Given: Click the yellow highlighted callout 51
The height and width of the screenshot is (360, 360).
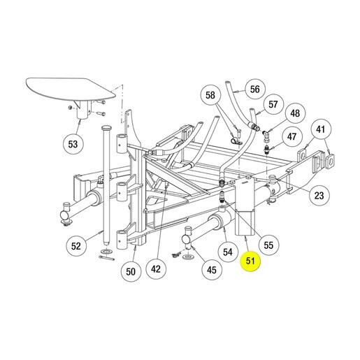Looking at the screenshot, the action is coord(250,261).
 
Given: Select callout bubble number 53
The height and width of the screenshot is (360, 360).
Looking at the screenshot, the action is coord(73,144).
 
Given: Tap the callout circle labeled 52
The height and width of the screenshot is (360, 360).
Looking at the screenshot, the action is coord(76,246).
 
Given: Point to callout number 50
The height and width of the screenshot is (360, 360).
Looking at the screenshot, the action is coord(131,272).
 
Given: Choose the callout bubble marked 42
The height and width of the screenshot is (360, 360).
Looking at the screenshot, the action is coord(156,269).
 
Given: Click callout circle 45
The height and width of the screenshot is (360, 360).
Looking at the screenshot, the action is coord(212,270).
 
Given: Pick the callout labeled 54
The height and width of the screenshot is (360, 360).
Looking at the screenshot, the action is coord(228,252).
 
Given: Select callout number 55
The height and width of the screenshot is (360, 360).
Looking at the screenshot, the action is coord(268,245).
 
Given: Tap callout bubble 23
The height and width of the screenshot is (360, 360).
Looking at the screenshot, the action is coord(319,196).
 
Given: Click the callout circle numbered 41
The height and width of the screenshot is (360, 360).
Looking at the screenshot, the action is coord(321,129).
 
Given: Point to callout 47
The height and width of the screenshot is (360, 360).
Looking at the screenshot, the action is coord(292,137).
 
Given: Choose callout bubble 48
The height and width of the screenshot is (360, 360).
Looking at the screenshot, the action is coord(295,113).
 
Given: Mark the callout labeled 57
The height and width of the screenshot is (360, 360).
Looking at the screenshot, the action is coord(273,104).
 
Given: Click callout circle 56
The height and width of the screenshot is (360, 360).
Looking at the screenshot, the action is coord(255,89).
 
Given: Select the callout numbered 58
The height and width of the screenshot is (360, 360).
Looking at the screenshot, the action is coord(210,95).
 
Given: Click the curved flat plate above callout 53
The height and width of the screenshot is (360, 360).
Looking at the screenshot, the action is coord(70,89).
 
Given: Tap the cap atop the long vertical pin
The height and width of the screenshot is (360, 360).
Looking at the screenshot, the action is coord(106,128).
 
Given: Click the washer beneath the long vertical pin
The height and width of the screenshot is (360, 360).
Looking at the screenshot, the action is coord(106,252).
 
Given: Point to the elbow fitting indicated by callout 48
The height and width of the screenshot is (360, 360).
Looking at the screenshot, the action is coord(265,135).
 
